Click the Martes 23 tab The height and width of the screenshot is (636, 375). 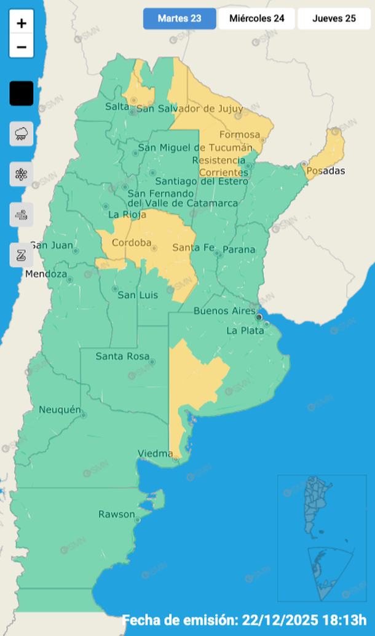[180, 18]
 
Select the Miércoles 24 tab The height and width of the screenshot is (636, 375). [256, 18]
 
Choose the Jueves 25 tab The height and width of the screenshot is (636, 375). [334, 18]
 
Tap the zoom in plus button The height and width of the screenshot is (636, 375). [22, 24]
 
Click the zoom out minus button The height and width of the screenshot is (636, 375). [22, 47]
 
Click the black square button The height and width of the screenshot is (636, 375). [22, 93]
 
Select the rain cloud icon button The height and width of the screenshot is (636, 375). [22, 133]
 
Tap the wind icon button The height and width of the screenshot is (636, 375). [22, 215]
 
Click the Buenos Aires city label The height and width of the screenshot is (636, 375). [224, 311]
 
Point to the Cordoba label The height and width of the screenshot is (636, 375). [130, 242]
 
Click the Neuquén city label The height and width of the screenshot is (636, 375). [60, 410]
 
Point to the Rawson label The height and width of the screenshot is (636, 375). [116, 514]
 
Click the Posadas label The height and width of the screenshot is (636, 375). [325, 170]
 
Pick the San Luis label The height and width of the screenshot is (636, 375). [138, 295]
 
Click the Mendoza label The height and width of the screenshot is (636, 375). [46, 274]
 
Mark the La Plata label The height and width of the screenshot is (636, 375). [245, 330]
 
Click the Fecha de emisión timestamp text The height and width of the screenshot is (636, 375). [244, 620]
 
